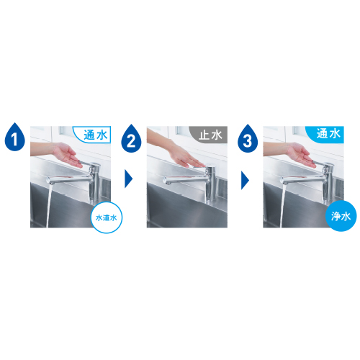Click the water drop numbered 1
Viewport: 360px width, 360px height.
15,138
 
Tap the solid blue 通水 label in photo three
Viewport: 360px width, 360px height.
326,135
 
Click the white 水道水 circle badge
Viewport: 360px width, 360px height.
107,217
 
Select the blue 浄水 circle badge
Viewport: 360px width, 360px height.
341,216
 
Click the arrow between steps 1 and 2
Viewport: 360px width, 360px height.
128,179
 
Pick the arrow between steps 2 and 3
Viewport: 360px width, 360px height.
245,180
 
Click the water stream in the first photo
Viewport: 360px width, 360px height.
49,205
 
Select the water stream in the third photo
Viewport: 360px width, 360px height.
282,205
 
